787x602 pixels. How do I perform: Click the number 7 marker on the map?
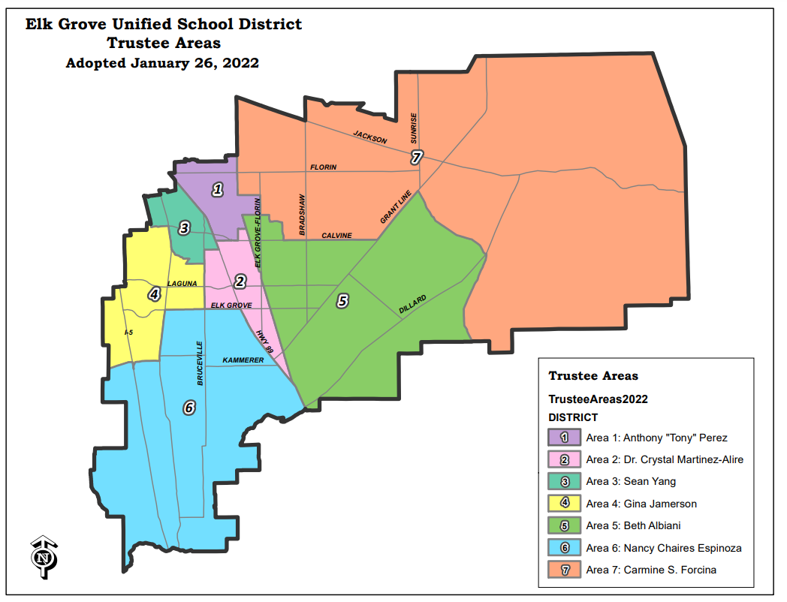(x=417, y=157)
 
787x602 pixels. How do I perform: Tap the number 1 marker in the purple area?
(x=218, y=189)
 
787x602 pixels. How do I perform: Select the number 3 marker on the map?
(x=184, y=228)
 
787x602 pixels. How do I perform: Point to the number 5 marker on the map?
(x=342, y=300)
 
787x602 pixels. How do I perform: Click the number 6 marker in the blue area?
(x=189, y=408)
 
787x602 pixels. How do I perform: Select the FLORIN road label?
(x=324, y=167)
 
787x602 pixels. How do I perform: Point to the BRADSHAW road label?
(x=303, y=215)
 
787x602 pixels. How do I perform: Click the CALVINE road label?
(x=336, y=236)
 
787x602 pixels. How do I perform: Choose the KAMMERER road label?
(x=243, y=361)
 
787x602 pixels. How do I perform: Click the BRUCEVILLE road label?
(x=201, y=363)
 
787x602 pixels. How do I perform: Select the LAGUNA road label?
(x=182, y=284)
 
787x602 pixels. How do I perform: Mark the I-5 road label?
(x=128, y=331)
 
